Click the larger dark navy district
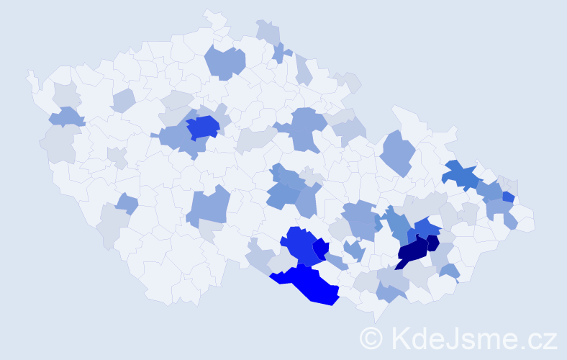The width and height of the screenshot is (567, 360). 412,252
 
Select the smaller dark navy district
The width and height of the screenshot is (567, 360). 432,243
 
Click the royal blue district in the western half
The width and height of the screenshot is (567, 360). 203,127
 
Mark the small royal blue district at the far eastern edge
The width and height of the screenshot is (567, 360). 508,197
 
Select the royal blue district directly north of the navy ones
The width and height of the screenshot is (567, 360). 427,228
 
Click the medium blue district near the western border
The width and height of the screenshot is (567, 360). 65,116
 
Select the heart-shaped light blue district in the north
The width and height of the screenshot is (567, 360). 224,62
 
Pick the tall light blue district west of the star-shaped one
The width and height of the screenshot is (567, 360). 397,152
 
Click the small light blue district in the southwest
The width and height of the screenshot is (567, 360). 127,204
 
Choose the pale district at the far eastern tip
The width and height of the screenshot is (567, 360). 526,223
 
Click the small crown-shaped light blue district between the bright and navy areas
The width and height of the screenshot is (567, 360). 353,251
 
